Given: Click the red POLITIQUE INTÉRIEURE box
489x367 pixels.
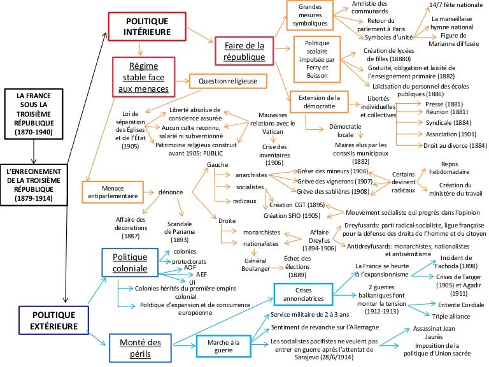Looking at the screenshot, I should pos(147,25).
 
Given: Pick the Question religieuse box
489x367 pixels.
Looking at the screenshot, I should pos(227,82).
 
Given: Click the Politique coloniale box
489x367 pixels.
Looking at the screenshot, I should pos(130,263).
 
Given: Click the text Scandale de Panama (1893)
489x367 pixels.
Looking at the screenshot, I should pos(184,231).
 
